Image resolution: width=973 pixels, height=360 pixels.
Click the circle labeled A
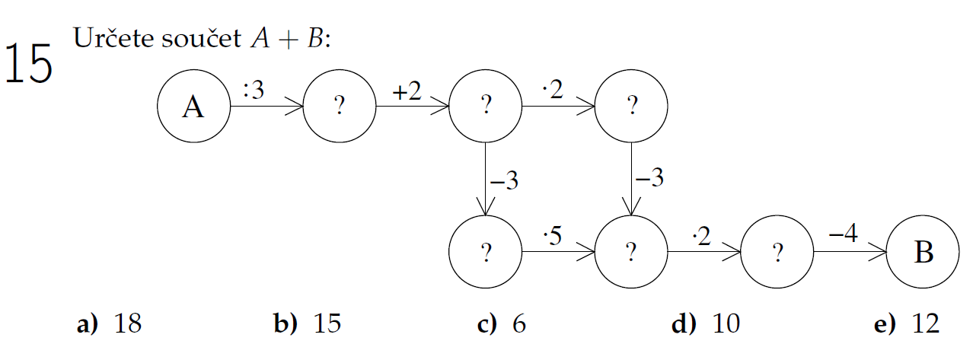[193, 107]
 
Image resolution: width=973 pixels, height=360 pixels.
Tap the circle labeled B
[924, 252]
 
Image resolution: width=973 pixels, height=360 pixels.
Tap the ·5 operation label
[552, 236]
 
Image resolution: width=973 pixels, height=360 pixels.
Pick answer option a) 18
[110, 325]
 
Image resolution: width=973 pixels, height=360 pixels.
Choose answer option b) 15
[307, 325]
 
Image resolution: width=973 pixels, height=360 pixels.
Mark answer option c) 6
[502, 325]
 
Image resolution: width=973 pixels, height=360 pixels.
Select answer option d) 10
[705, 325]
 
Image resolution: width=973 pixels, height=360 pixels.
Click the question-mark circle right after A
[340, 107]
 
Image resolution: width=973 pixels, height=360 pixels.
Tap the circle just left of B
[777, 252]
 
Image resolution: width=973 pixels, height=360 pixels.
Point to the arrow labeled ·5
[558, 252]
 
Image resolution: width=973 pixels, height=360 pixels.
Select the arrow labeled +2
[412, 107]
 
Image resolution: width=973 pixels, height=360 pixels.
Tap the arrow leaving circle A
[266, 107]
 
